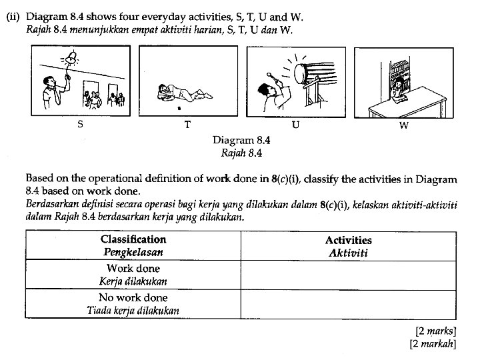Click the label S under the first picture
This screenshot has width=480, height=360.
click(80, 124)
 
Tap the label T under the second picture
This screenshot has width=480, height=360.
click(187, 125)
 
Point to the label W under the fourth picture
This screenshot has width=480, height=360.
click(403, 125)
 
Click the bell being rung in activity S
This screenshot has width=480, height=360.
click(69, 60)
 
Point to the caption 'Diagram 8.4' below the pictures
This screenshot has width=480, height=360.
click(241, 140)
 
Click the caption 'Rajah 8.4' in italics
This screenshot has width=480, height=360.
click(241, 152)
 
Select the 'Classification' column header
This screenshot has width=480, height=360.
click(133, 239)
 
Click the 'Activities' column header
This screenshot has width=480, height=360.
click(348, 240)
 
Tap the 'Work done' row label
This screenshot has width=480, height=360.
click(133, 269)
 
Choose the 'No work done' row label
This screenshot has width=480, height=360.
click(133, 297)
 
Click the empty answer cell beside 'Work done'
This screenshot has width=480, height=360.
click(348, 274)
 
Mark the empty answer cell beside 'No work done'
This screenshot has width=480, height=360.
click(348, 303)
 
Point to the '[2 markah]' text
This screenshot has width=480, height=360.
click(433, 343)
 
